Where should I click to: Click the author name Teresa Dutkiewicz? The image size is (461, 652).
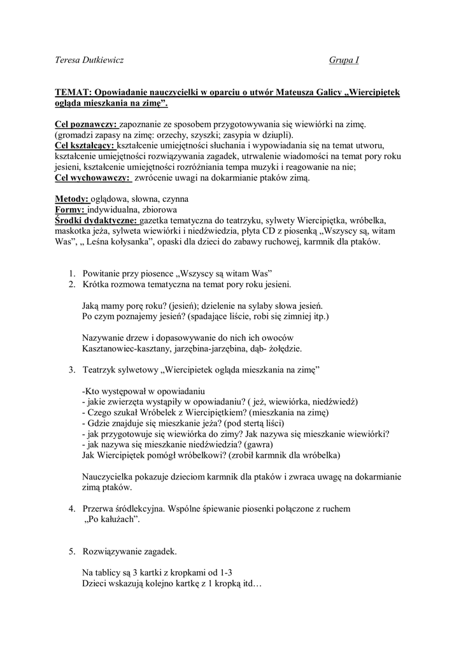pyautogui.click(x=89, y=60)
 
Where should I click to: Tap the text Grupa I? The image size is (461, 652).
pyautogui.click(x=344, y=60)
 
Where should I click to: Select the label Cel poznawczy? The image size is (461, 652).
pyautogui.click(x=83, y=124)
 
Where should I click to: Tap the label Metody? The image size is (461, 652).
pyautogui.click(x=73, y=199)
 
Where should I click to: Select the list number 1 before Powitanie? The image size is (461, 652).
pyautogui.click(x=72, y=274)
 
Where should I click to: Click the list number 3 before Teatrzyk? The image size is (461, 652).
pyautogui.click(x=72, y=369)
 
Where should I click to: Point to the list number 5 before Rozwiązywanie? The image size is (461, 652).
pyautogui.click(x=72, y=551)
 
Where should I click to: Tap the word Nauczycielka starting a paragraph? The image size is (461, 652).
pyautogui.click(x=112, y=476)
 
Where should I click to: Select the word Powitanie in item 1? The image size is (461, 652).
pyautogui.click(x=103, y=274)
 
